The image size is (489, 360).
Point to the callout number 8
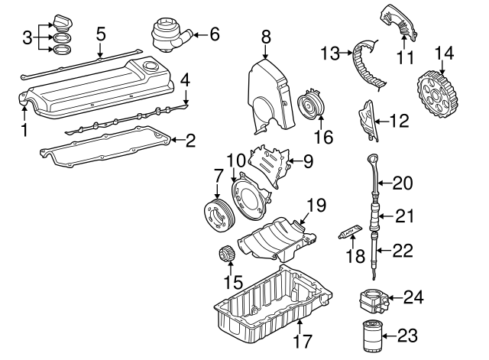(x=265, y=35)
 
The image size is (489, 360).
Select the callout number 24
(x=413, y=297)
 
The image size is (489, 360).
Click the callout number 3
(x=25, y=36)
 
